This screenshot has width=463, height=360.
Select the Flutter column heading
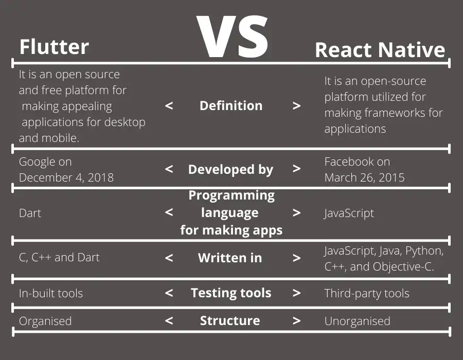pos(54,47)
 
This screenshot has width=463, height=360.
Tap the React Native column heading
pos(380,50)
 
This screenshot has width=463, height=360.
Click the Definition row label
pos(231,106)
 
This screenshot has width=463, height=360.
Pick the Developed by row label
pos(231,169)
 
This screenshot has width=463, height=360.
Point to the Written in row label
pos(230,258)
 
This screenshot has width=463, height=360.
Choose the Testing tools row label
pos(231,293)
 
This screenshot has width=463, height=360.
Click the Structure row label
pos(230,321)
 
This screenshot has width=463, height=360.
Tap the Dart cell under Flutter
pos(30,213)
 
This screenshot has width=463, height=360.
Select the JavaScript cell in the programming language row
pos(349,213)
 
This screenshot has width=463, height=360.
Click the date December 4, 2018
pos(66,177)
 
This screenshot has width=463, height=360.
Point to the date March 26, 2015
pos(364,177)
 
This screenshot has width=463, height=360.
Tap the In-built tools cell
pos(51,294)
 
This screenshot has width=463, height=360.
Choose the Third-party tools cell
pos(367,294)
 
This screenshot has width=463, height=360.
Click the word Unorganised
pos(357,321)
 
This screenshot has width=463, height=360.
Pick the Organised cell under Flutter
pos(45,321)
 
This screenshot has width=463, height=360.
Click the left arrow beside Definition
pos(169,106)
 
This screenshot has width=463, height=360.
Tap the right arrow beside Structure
pos(296,321)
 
